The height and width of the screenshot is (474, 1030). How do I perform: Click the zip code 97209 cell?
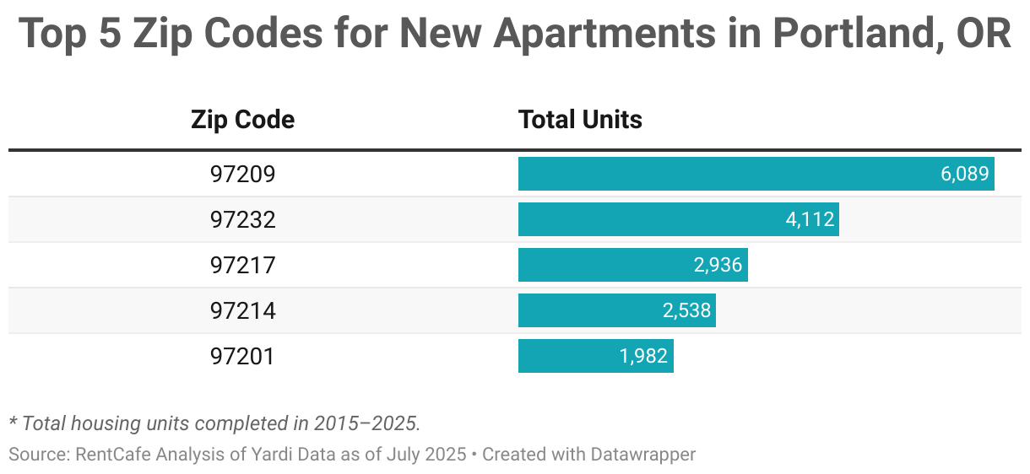click(x=242, y=175)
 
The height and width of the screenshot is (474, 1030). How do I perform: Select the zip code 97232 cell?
click(x=242, y=220)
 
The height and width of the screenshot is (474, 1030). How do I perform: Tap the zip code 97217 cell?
click(x=242, y=266)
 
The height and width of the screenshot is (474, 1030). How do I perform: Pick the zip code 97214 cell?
click(x=242, y=311)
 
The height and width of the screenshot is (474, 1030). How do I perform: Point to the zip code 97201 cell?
click(x=242, y=357)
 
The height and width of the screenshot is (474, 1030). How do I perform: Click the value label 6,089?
click(x=964, y=175)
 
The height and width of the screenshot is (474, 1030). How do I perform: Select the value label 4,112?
click(x=810, y=220)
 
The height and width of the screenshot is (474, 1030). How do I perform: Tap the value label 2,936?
click(x=718, y=266)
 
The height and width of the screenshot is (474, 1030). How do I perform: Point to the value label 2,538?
click(x=686, y=311)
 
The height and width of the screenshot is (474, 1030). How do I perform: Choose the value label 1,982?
click(x=643, y=357)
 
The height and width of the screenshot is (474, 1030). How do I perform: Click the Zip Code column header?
click(x=242, y=120)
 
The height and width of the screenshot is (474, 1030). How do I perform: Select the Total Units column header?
click(x=580, y=120)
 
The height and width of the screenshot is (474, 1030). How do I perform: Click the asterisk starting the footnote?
click(x=13, y=419)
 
